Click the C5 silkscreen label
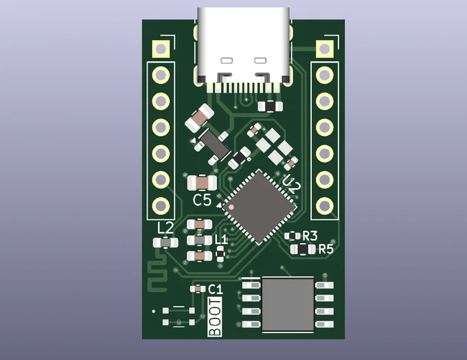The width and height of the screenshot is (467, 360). click(202, 200)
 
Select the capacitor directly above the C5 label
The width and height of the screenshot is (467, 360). click(202, 183)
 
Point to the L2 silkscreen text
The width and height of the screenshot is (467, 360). click(166, 229)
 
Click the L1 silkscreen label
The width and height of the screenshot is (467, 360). click(221, 239)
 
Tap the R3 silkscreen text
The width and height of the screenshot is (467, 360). click(310, 236)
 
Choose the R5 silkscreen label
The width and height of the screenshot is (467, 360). click(326, 249)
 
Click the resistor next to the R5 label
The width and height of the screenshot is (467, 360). click(303, 249)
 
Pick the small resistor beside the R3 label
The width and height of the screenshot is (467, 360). click(293, 236)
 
